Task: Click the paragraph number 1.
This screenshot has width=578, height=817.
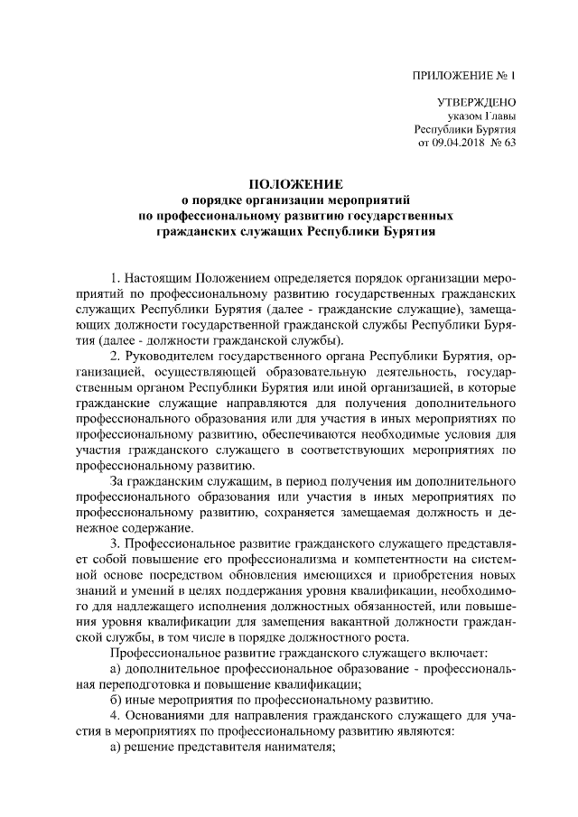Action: coord(114,272)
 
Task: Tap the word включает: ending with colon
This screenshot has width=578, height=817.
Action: coord(423,652)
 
